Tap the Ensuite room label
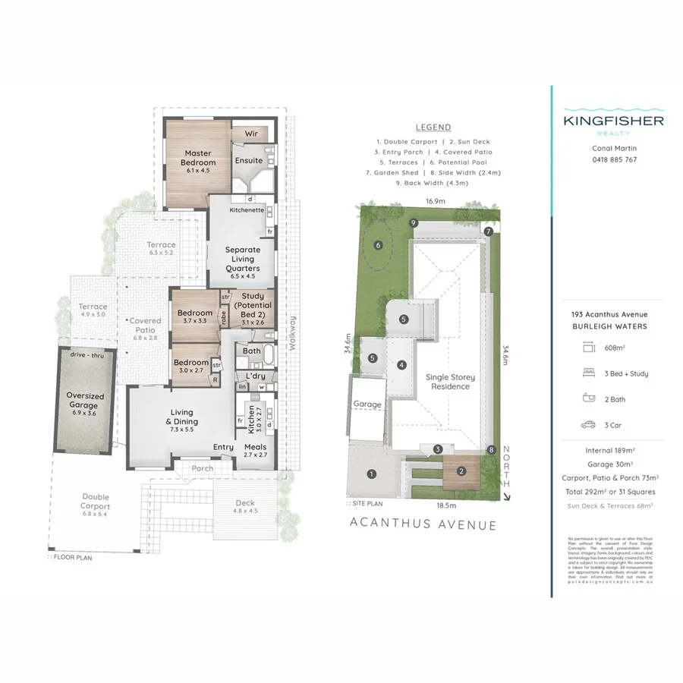pos(248,161)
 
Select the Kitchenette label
pos(247,209)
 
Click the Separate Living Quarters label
pos(243,259)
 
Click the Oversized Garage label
pos(84,400)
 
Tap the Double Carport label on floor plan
pos(96,502)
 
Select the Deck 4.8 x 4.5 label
pos(245,506)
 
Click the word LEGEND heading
pos(433,127)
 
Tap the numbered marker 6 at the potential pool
pos(377,245)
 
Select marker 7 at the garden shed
pos(489,231)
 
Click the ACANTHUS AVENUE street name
pos(423,524)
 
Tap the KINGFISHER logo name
pos(613,121)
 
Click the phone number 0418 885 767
pos(613,160)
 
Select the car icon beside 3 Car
pos(588,425)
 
